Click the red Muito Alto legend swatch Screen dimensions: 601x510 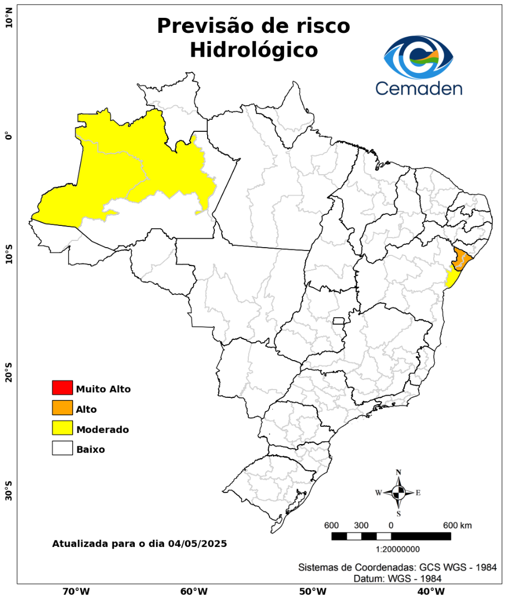pos(62,387)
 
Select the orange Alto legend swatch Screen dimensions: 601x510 pos(62,408)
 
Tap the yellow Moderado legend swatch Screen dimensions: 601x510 pos(62,428)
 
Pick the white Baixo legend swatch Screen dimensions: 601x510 pos(62,448)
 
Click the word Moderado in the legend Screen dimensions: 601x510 pos(103,430)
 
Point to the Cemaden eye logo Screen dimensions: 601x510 pos(419,57)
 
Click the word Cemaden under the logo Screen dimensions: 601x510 pos(419,88)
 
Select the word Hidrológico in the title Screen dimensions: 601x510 pos(254,50)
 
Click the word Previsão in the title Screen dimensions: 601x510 pos(204,26)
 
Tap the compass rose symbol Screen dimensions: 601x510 pos(399,492)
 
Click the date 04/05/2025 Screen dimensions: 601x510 pos(198,544)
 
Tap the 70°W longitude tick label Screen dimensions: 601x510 pos(76,591)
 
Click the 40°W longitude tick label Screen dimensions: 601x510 pos(429,591)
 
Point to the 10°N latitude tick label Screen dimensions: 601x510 pos(8,22)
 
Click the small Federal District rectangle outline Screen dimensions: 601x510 pos(339,321)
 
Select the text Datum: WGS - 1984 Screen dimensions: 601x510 pos(398,579)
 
